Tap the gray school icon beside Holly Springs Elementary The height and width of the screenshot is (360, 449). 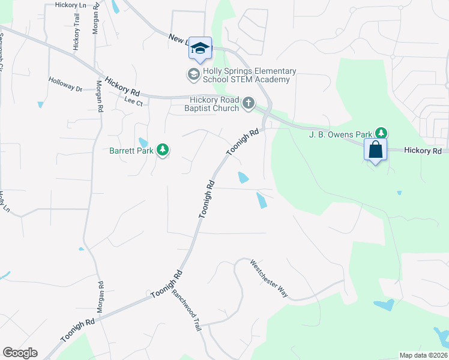tap(193, 74)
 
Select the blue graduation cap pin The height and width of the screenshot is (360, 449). tap(200, 49)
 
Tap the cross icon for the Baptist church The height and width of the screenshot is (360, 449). tap(249, 104)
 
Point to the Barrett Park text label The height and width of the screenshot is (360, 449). tap(131, 150)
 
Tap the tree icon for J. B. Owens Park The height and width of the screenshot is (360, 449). tap(381, 133)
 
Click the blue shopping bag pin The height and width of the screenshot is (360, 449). tap(375, 150)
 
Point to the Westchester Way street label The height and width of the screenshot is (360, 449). tap(269, 278)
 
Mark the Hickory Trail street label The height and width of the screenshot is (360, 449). tap(76, 35)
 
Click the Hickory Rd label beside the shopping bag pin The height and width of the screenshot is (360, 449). tap(423, 151)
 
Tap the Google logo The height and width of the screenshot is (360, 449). tap(20, 353)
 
